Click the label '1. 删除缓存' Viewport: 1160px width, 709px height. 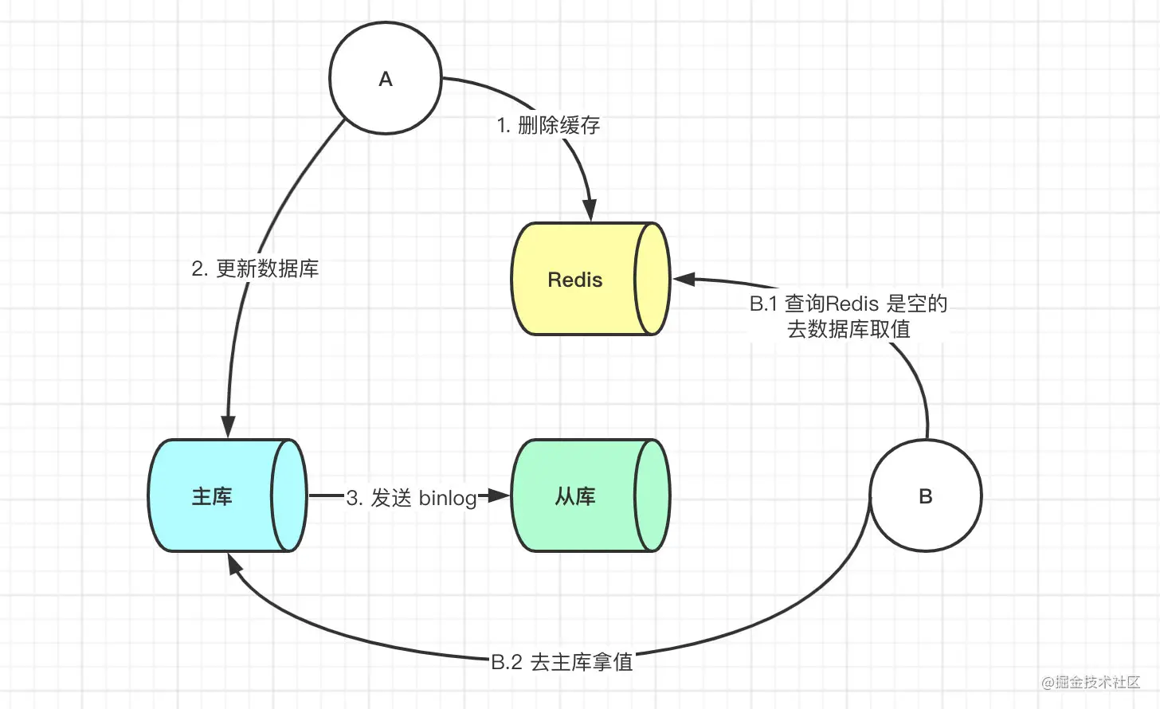point(548,125)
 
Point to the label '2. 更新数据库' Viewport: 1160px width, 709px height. point(255,268)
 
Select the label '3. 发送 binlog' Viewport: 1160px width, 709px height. point(411,498)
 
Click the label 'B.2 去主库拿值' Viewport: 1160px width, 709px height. point(562,662)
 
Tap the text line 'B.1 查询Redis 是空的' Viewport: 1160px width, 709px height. point(848,304)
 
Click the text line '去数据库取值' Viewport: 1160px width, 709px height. point(848,329)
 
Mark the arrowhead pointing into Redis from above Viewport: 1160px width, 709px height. point(590,211)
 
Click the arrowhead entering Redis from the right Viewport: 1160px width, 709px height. point(684,279)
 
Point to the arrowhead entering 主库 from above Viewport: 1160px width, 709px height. point(229,427)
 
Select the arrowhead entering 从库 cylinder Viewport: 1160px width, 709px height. point(499,496)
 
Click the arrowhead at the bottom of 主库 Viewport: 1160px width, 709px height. point(233,564)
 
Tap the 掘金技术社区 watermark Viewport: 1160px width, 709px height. point(1091,682)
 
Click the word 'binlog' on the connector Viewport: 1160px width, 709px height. point(447,498)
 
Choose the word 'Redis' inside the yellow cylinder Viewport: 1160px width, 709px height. point(574,280)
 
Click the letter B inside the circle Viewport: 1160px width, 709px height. point(926,496)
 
